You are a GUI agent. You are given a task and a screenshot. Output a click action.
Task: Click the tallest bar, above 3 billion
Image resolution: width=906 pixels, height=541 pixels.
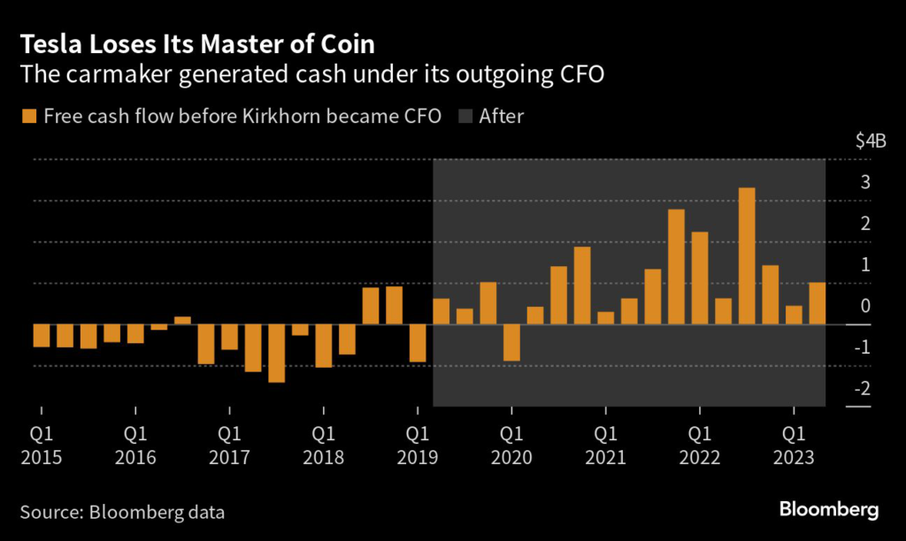(747, 256)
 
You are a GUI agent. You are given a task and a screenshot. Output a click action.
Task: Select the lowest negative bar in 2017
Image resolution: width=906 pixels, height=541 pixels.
(277, 354)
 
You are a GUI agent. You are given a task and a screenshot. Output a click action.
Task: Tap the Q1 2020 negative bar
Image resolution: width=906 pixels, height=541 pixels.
(511, 343)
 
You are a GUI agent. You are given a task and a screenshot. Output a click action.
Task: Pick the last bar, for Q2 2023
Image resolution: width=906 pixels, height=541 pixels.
(817, 304)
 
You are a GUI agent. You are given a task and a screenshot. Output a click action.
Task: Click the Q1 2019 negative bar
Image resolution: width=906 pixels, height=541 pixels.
(418, 343)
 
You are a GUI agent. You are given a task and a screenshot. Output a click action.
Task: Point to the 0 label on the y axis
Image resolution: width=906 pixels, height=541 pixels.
(864, 306)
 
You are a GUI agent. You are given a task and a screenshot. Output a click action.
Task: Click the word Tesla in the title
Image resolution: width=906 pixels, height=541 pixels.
(50, 44)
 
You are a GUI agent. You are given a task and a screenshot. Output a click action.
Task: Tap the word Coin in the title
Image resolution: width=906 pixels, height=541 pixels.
(349, 44)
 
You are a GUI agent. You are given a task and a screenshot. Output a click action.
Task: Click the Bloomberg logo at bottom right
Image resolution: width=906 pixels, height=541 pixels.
(828, 510)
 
